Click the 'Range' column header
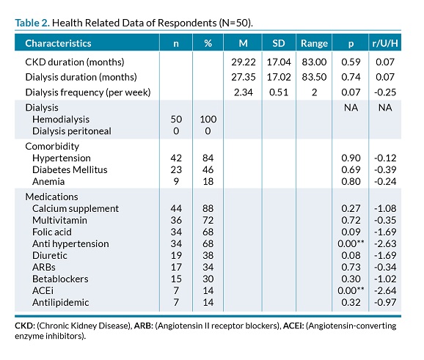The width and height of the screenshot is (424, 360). coord(314,43)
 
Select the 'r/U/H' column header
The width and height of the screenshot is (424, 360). coord(385,43)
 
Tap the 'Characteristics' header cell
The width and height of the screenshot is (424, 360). coord(58,43)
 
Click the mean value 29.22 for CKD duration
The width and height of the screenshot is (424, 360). coord(244,62)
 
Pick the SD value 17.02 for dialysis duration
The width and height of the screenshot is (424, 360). coord(279,77)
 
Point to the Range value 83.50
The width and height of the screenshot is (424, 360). coord(314,77)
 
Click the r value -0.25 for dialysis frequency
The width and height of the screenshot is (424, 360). coord(385,92)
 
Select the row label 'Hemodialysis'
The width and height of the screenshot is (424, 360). coord(61,120)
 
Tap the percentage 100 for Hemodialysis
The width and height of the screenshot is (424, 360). coord(208,120)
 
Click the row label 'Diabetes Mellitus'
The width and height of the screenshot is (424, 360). coord(70,169)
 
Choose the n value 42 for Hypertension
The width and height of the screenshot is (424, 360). coord(176,158)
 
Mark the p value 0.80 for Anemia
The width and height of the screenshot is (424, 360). coord(351,181)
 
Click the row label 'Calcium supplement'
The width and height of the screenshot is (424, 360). coord(76,209)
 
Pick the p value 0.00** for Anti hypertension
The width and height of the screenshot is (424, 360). coord(351,243)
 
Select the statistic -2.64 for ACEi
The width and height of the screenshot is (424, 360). coord(385,290)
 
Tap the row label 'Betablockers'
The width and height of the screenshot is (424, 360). coord(60,279)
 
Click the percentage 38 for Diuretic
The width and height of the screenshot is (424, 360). coord(208,255)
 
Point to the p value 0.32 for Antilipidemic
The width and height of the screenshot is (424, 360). coord(351,302)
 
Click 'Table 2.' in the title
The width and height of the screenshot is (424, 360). coord(32,23)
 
